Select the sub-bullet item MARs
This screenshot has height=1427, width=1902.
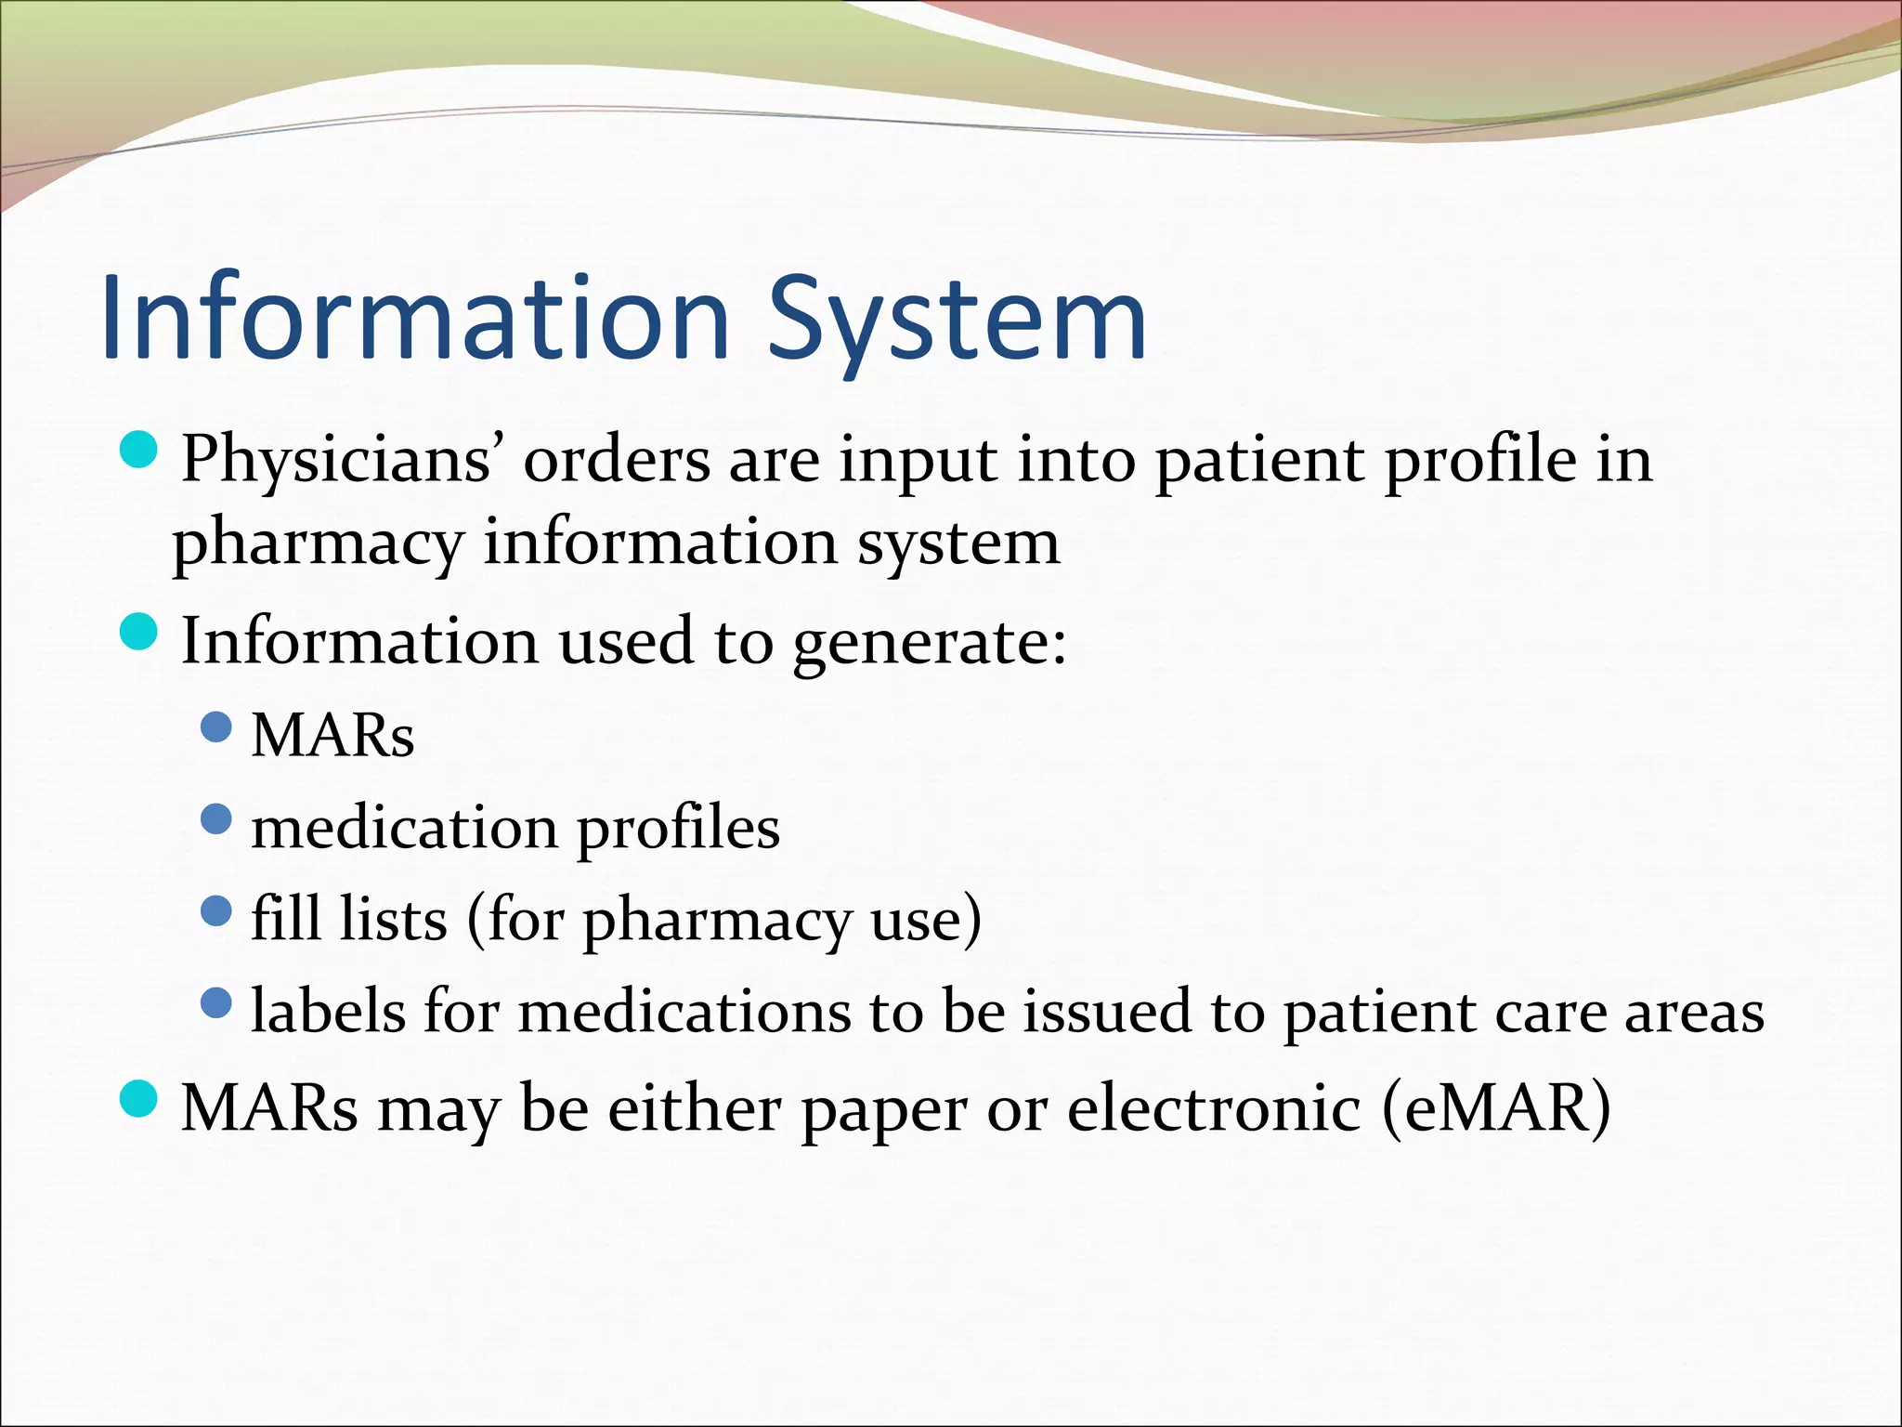332,737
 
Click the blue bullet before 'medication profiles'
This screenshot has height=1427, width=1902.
215,819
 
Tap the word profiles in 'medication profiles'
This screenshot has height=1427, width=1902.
678,829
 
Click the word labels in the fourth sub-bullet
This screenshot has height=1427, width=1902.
329,1012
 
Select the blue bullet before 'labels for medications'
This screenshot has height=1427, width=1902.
215,1002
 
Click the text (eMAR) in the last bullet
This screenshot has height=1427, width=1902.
1496,1108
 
